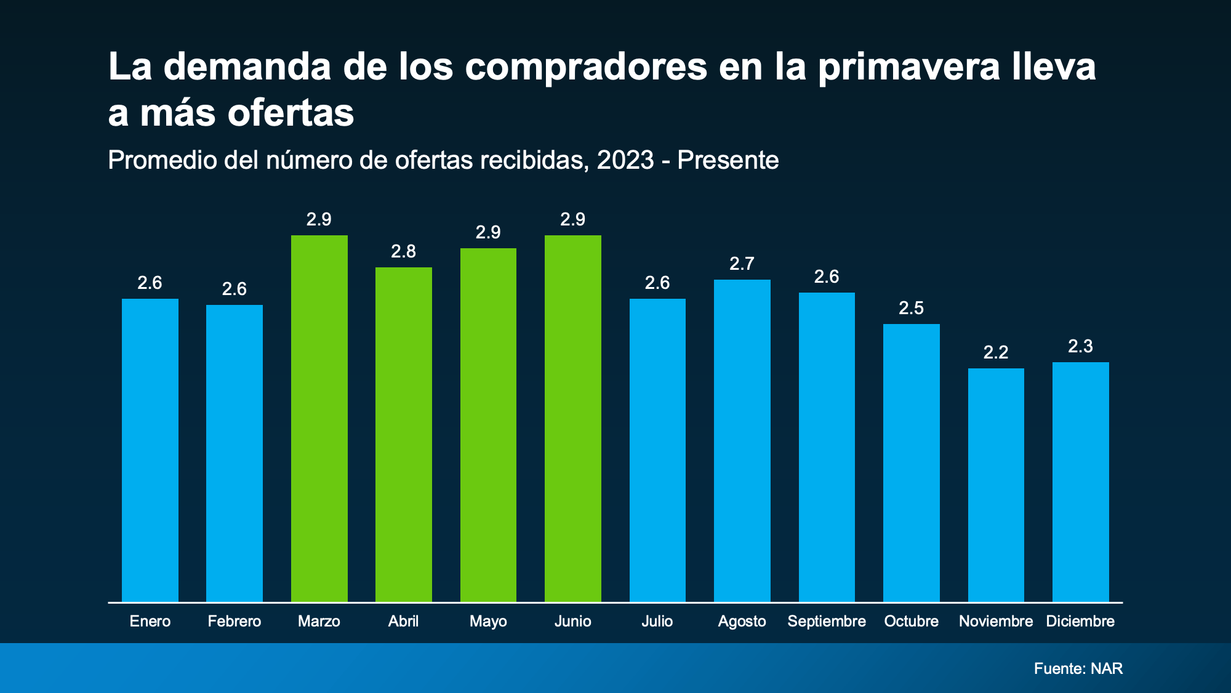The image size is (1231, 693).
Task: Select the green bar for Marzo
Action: point(319,419)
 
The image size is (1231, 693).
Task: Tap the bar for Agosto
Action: point(742,440)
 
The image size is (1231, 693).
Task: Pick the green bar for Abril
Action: point(403,434)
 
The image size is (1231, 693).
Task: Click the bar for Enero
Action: point(150,450)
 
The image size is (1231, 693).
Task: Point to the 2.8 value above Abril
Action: point(403,251)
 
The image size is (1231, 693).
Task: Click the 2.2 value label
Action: point(996,352)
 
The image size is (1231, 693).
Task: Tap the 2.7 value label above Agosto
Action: point(742,264)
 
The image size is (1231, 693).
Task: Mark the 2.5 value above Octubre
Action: point(911,308)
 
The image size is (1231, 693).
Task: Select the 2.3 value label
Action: point(1080,346)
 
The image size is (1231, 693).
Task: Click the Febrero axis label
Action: point(234,621)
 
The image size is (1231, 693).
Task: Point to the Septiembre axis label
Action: point(827,621)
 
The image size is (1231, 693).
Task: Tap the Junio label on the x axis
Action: point(572,621)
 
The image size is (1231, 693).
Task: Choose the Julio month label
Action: point(657,621)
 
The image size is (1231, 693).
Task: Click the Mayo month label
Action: point(488,621)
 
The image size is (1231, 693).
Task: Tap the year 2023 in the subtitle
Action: point(625,160)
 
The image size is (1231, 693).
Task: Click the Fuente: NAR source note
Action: point(1078,668)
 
